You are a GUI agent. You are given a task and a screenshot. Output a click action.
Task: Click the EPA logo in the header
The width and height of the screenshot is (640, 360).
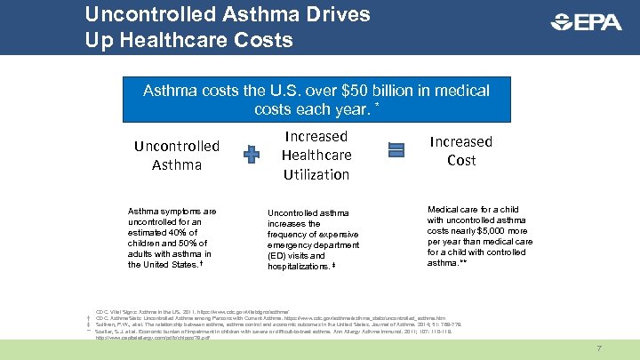587,22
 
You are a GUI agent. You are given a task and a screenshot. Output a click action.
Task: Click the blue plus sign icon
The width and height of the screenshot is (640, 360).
252,155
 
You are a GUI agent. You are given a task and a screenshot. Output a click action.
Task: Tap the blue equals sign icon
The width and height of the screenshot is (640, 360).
396,151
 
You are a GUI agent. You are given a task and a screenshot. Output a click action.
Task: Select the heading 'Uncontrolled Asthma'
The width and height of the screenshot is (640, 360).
177,155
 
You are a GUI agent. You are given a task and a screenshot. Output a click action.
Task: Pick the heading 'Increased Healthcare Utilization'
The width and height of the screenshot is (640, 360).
316,156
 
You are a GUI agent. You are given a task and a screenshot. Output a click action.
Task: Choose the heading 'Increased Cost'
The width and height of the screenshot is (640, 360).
460,151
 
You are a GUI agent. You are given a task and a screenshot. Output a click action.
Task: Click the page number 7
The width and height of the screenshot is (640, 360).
599,348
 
